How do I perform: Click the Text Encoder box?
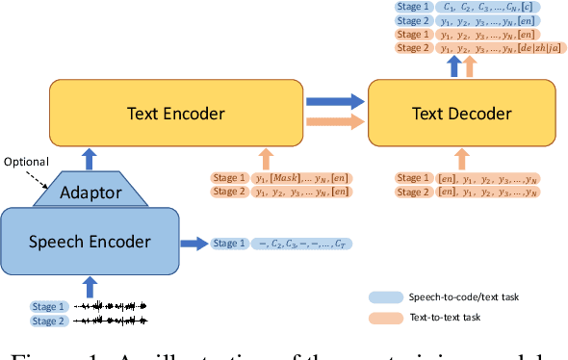pos(176,114)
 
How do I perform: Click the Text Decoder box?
pos(462,114)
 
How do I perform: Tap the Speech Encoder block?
pos(90,241)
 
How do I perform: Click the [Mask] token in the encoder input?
pos(284,178)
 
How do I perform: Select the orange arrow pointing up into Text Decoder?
pos(461,158)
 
